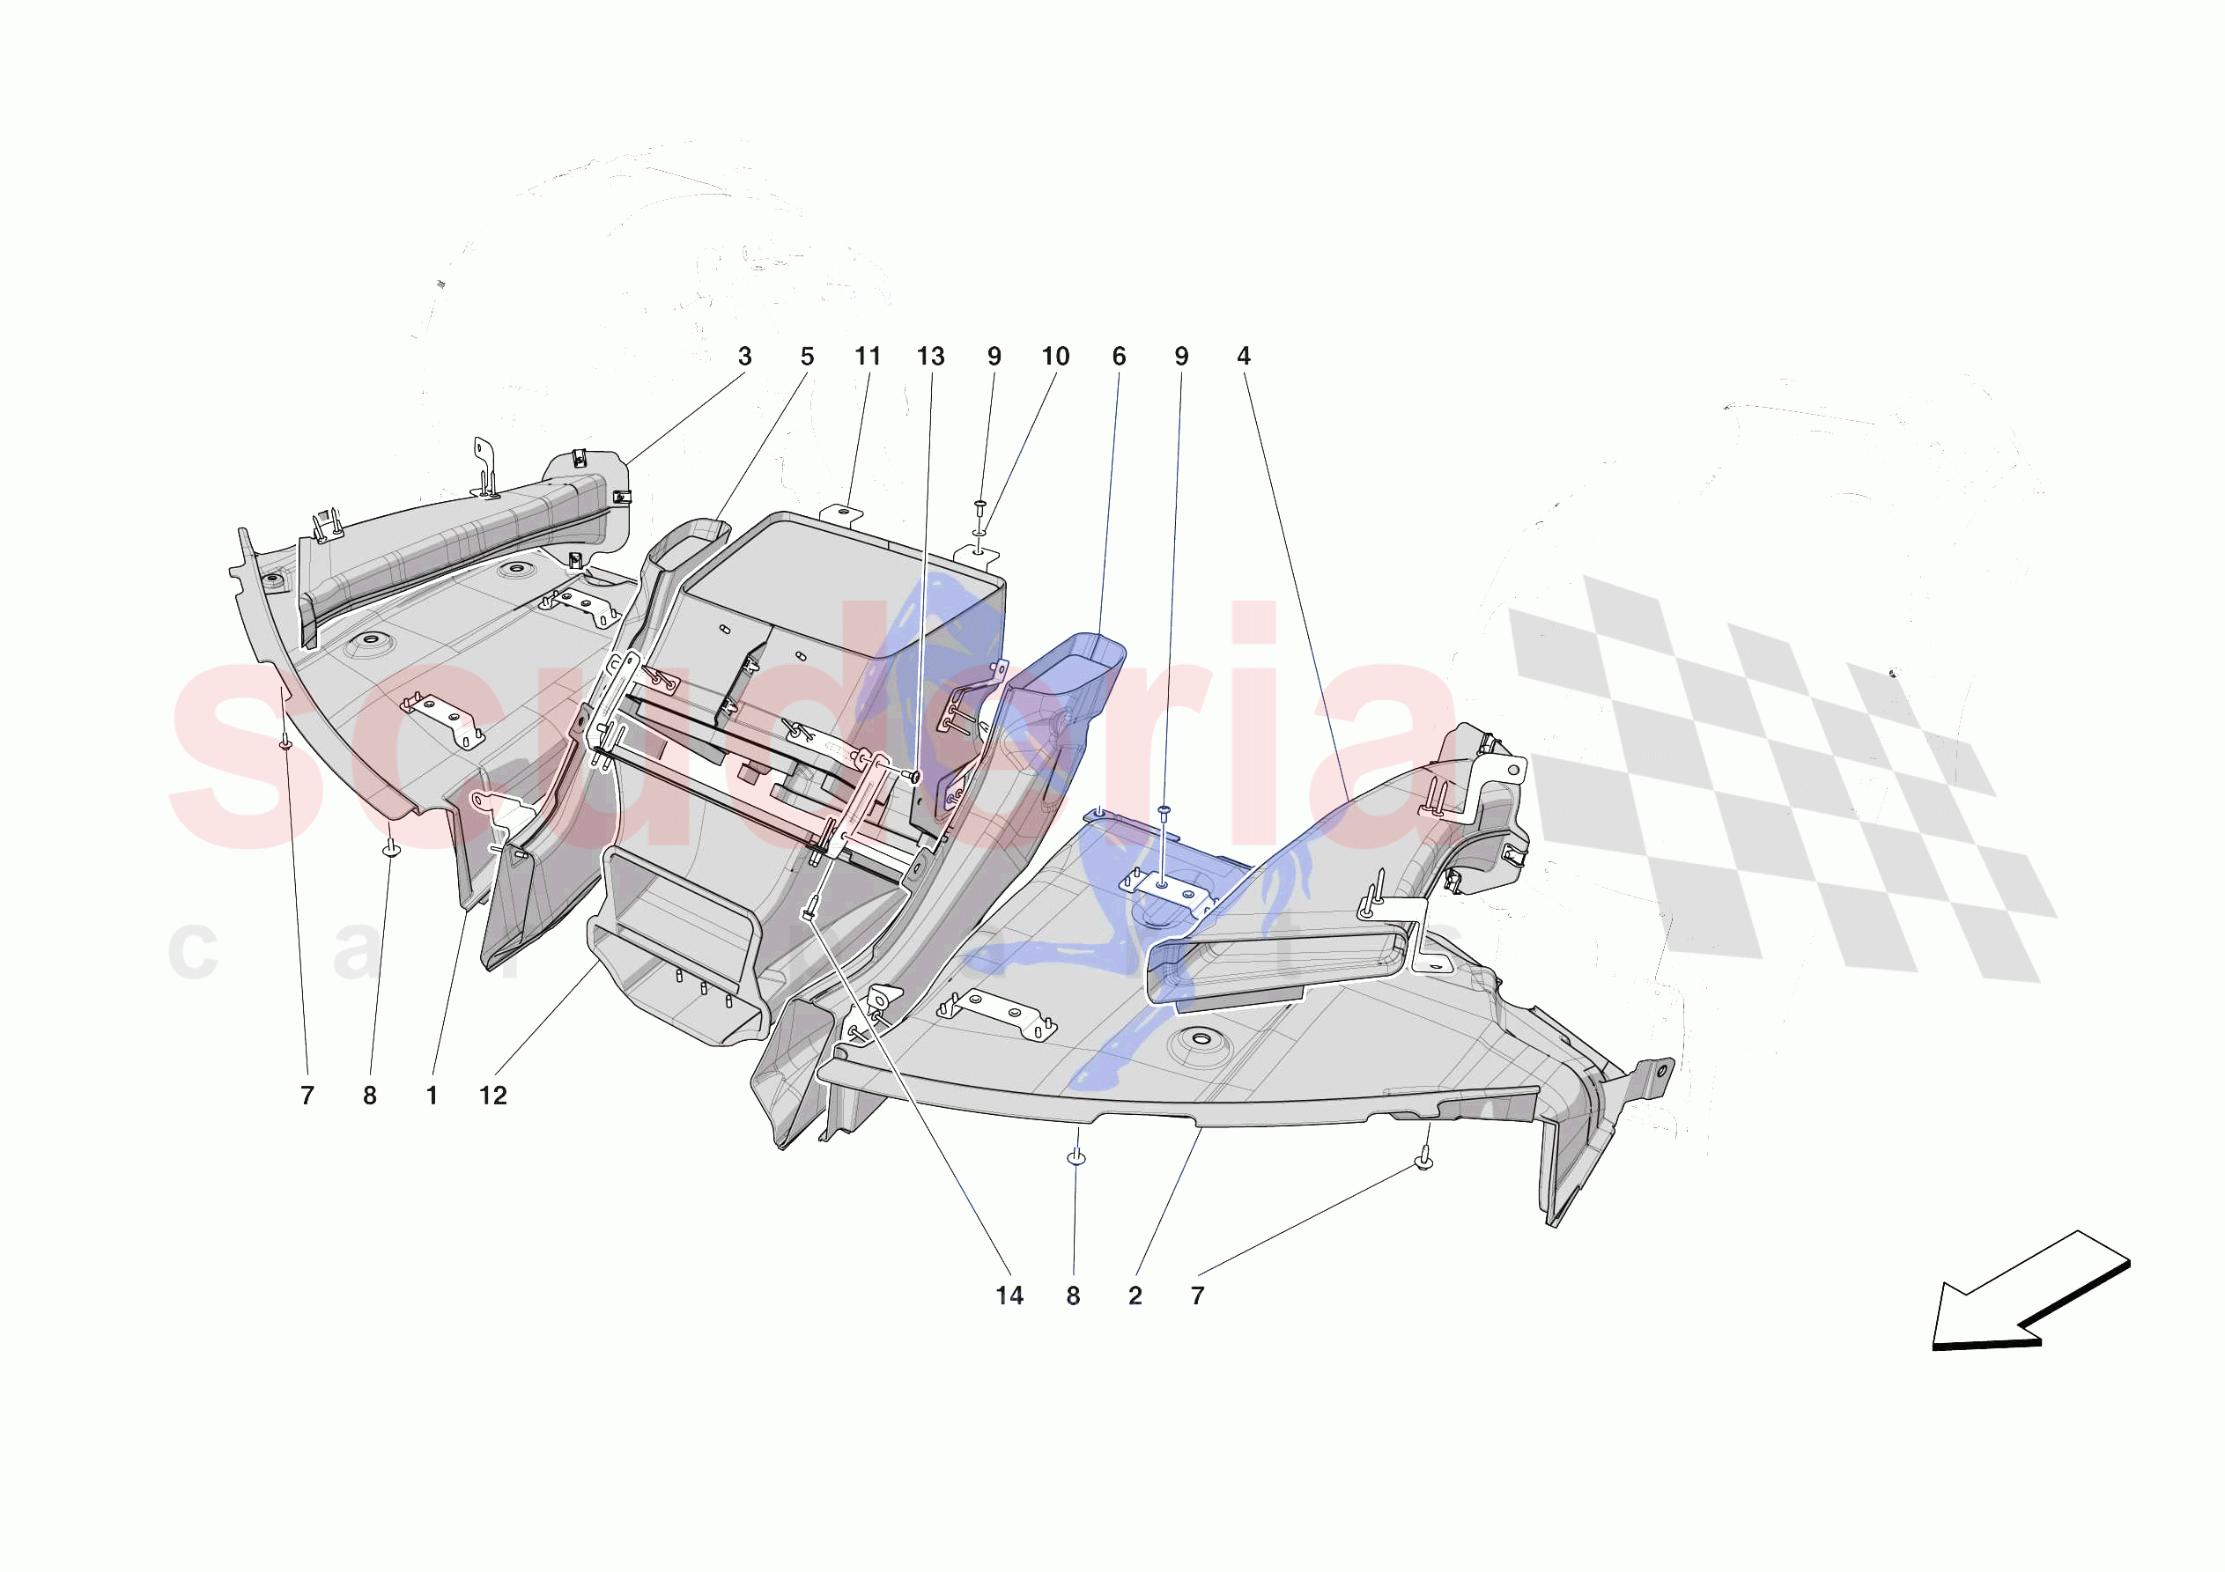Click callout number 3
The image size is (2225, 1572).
744,357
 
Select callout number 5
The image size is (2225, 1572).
807,357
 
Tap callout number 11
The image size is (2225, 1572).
868,357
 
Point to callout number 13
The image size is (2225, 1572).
930,357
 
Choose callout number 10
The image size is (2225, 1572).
1055,357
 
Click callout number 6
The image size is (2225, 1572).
1120,357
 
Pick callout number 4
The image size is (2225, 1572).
1244,357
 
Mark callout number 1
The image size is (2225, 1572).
432,1096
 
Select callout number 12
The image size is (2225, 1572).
493,1096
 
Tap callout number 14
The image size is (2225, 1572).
1009,1295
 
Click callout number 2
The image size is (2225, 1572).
1135,1295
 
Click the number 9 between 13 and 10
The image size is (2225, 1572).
994,357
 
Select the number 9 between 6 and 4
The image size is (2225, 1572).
1181,357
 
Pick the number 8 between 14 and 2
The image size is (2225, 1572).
1073,1295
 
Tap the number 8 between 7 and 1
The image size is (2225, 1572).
369,1096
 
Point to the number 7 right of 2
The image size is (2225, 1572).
1198,1295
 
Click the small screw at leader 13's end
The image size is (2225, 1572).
913,775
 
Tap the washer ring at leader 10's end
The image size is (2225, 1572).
979,532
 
